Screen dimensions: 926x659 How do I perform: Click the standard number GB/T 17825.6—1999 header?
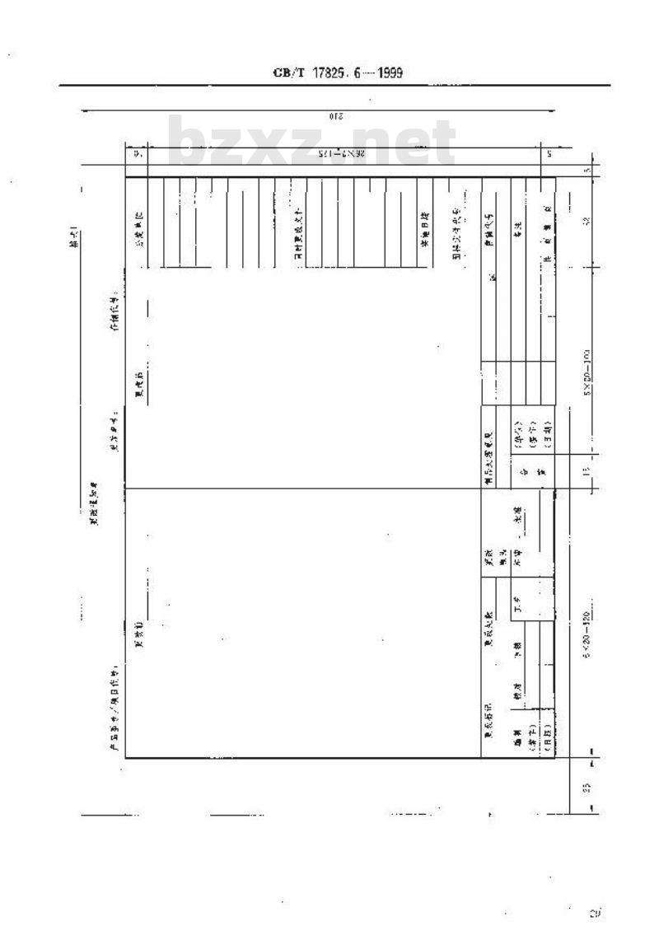(337, 73)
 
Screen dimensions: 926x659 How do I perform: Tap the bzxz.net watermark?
(312, 145)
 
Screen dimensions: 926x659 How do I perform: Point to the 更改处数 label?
(488, 635)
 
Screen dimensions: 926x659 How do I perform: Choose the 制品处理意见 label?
(488, 447)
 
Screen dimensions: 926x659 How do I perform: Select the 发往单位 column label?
(138, 209)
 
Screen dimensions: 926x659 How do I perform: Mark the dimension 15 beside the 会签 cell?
(587, 472)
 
